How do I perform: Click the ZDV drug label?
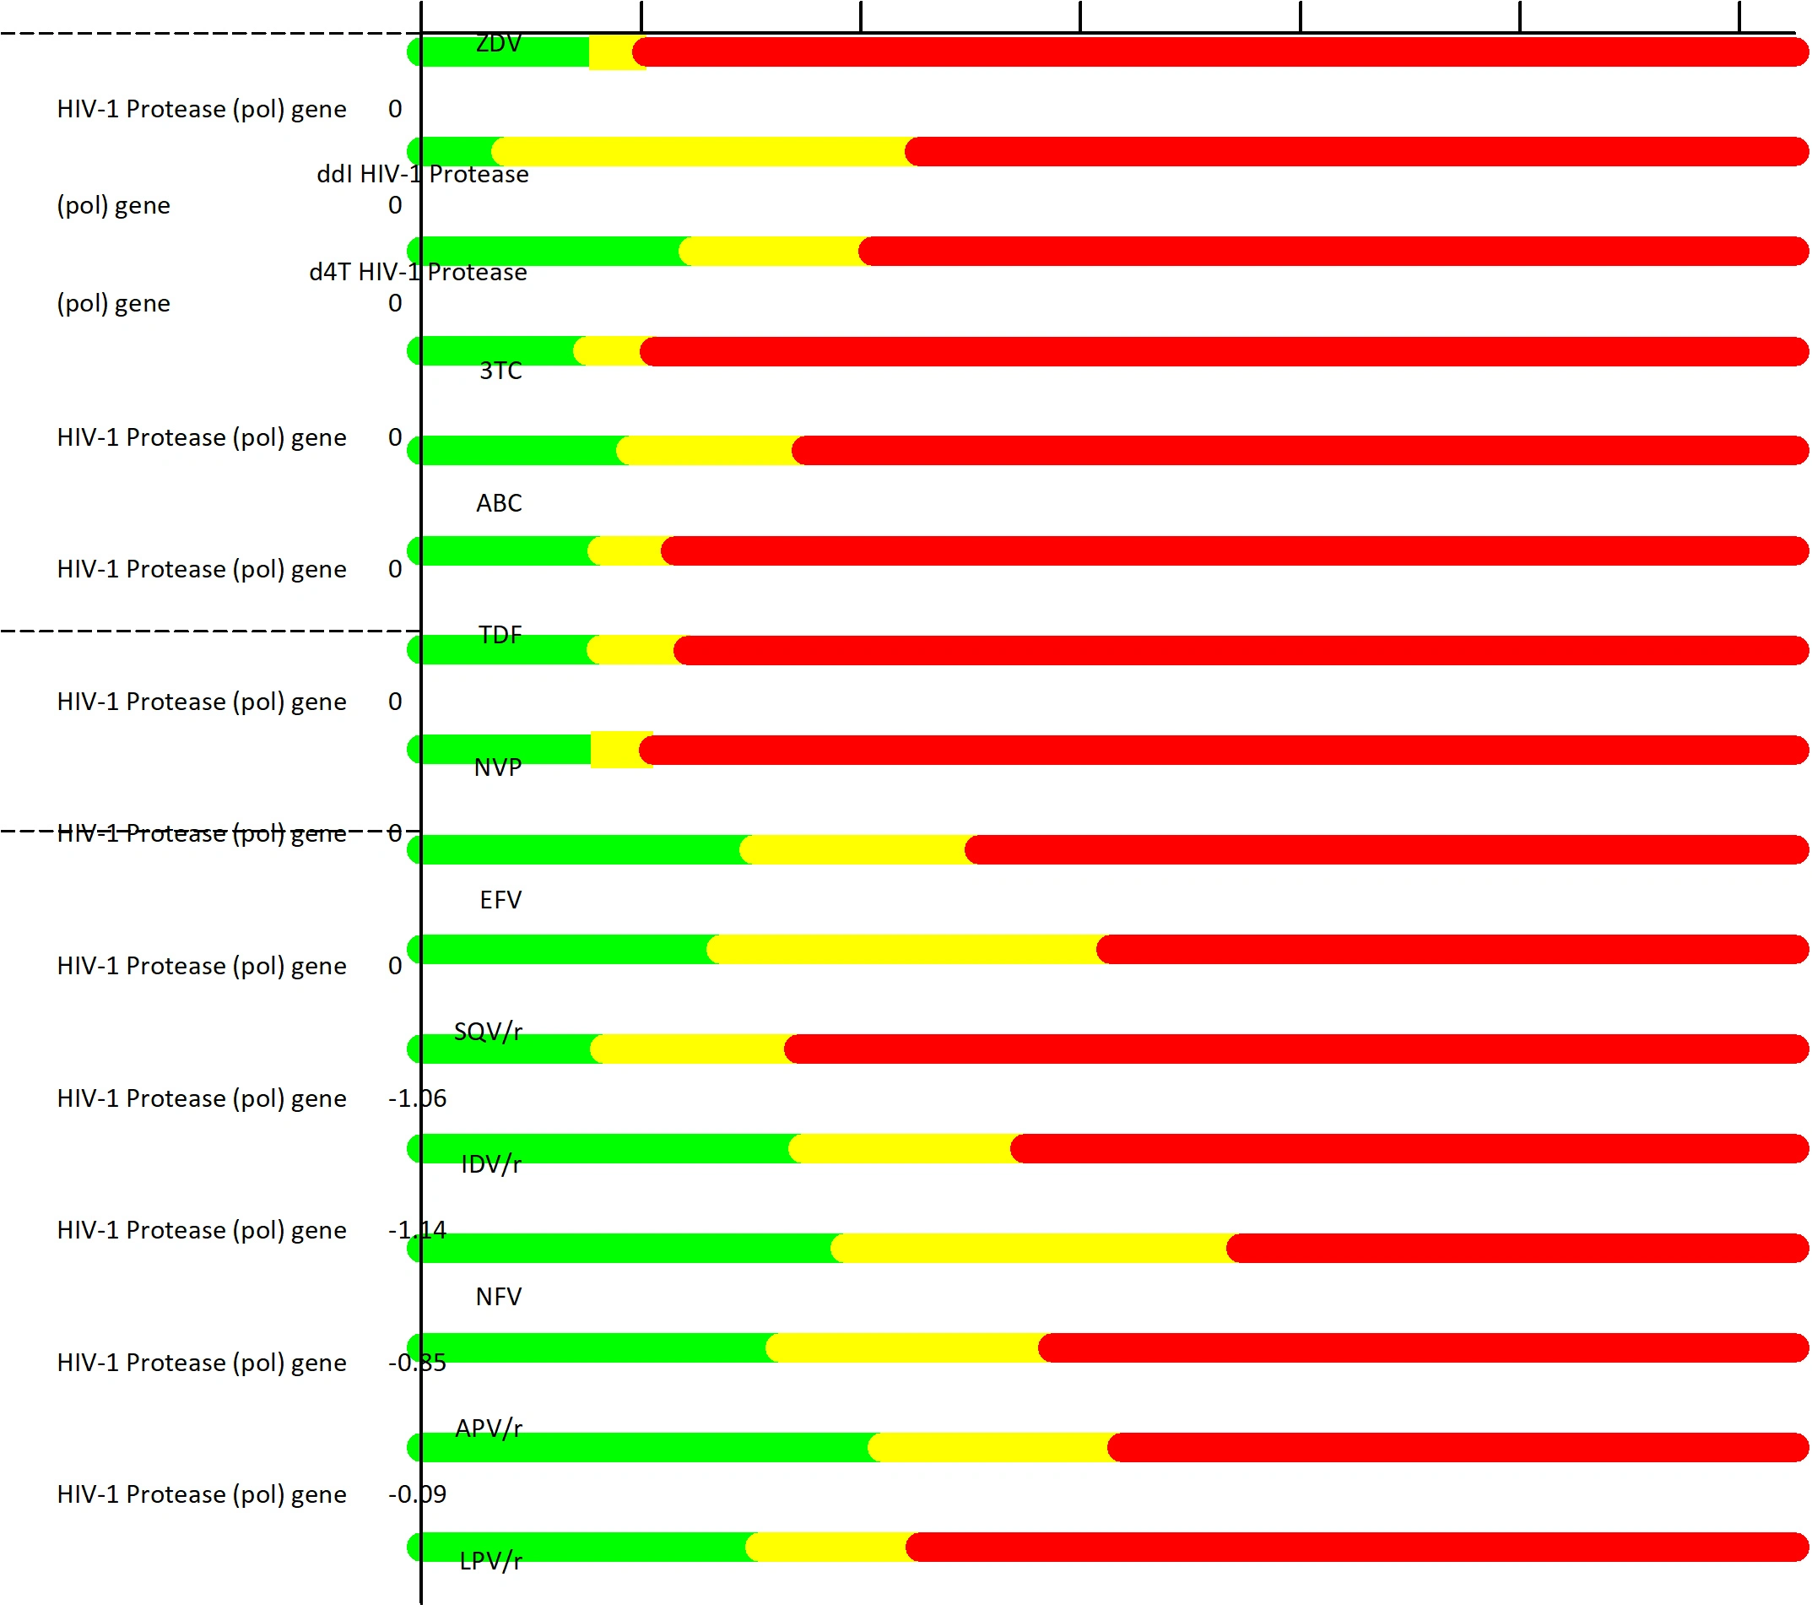click(x=498, y=42)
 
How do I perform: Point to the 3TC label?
click(x=500, y=371)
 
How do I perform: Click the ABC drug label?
click(x=498, y=502)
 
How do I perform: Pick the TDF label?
click(x=499, y=635)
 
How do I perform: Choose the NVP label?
click(x=497, y=767)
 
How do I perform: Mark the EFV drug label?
click(x=500, y=900)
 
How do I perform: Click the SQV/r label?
click(x=488, y=1031)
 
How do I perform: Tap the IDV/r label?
click(x=490, y=1164)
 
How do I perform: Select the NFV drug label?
click(x=498, y=1296)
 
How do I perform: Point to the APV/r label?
click(x=489, y=1428)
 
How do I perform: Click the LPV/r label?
click(x=490, y=1560)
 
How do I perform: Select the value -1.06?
click(x=417, y=1098)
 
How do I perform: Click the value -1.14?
click(x=417, y=1230)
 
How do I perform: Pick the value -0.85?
click(x=417, y=1362)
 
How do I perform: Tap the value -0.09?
click(x=417, y=1493)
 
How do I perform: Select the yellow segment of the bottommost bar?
click(x=829, y=1547)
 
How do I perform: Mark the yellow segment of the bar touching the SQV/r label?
click(x=690, y=1049)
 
